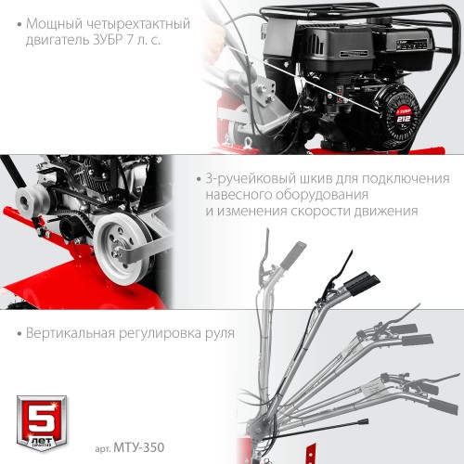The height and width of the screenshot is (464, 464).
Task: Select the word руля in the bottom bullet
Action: point(215,332)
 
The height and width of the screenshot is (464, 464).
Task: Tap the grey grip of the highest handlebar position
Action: point(296,252)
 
